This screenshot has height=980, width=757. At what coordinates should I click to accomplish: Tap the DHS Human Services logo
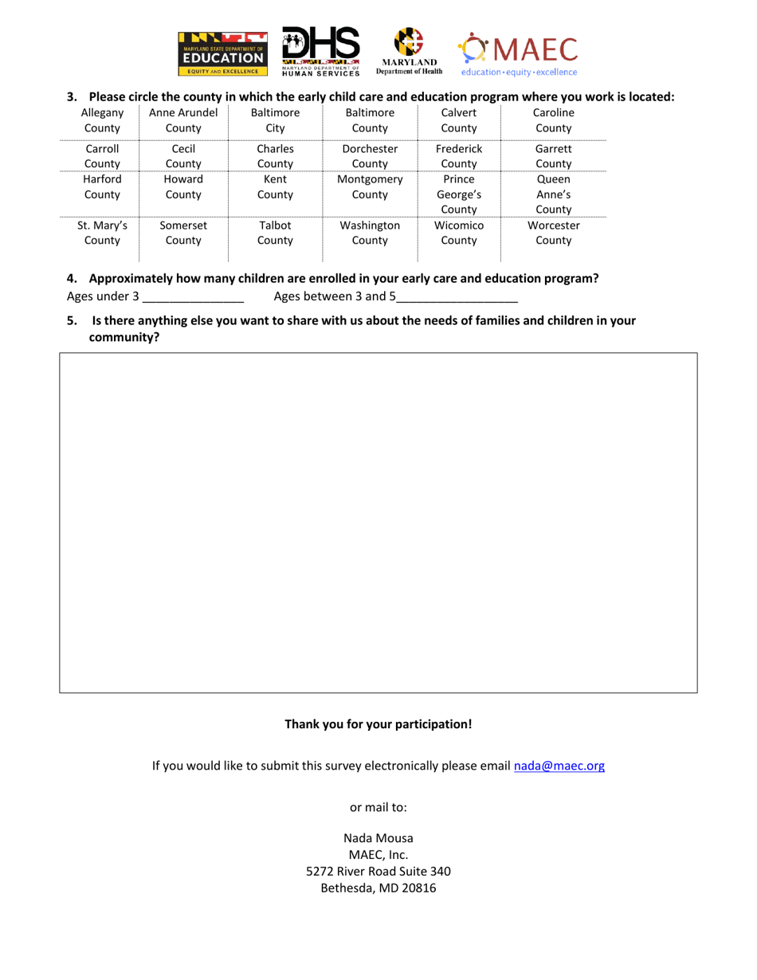pos(320,53)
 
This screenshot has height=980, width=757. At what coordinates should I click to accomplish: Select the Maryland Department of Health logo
pos(409,53)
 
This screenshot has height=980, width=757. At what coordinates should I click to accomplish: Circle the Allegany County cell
pos(101,120)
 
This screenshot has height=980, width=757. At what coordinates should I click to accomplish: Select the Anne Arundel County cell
pos(183,120)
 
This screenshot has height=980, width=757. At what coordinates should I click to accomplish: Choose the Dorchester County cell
pos(370,156)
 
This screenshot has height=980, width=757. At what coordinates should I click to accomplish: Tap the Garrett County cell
pos(554,156)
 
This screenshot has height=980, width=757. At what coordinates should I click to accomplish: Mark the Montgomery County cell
pos(370,186)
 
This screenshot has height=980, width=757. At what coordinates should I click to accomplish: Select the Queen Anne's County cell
pos(554,194)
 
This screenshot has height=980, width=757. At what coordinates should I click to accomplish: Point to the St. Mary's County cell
pos(101,233)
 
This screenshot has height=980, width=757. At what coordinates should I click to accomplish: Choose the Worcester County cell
pos(554,233)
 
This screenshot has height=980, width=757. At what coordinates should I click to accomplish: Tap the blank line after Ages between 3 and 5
pos(457,299)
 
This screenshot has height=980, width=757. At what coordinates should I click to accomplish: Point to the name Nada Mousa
pos(378,837)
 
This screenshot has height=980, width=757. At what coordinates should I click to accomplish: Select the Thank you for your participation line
pos(378,724)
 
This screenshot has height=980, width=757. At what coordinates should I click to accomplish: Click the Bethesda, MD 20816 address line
pos(378,888)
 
